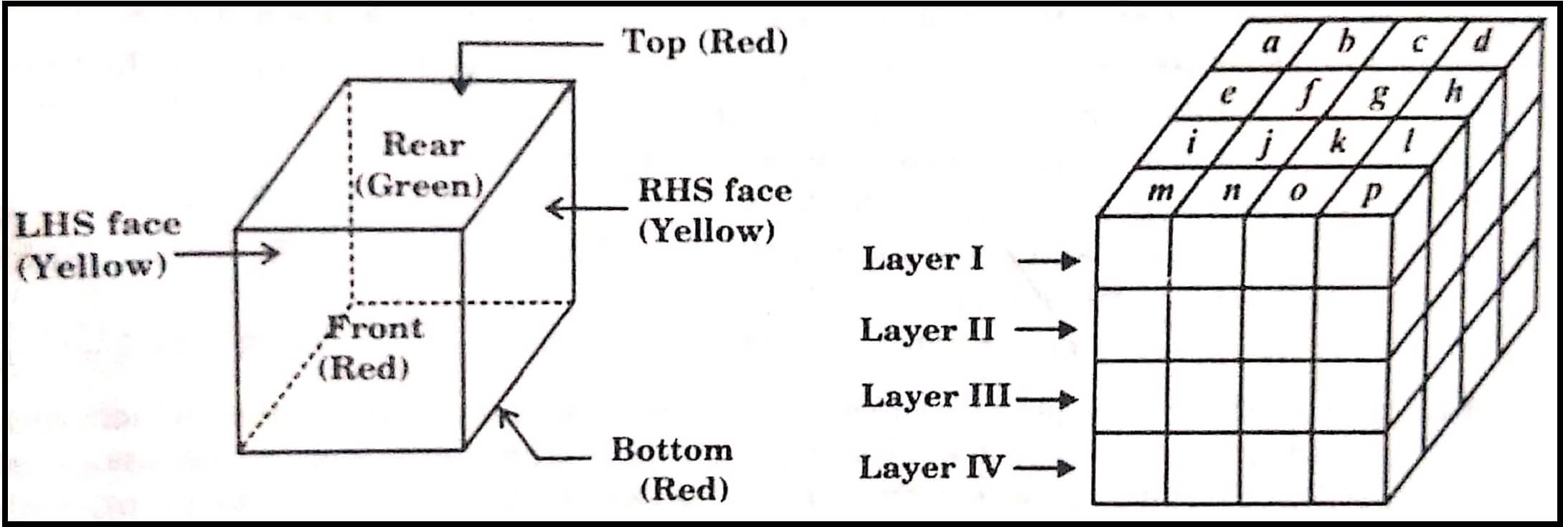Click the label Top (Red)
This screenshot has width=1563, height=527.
point(704,42)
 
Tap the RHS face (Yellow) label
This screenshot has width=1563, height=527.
point(714,211)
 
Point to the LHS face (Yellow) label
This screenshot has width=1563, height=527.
point(97,246)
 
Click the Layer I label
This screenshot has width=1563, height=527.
point(922,260)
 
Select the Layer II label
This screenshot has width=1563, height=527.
point(927,331)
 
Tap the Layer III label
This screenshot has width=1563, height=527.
point(935,397)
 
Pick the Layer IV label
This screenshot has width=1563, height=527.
point(930,468)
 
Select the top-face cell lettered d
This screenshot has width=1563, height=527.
point(1481,43)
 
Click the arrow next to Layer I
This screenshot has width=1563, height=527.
point(1049,261)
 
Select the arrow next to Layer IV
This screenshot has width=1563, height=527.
point(1044,469)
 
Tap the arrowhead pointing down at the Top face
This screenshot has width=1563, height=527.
point(461,87)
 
